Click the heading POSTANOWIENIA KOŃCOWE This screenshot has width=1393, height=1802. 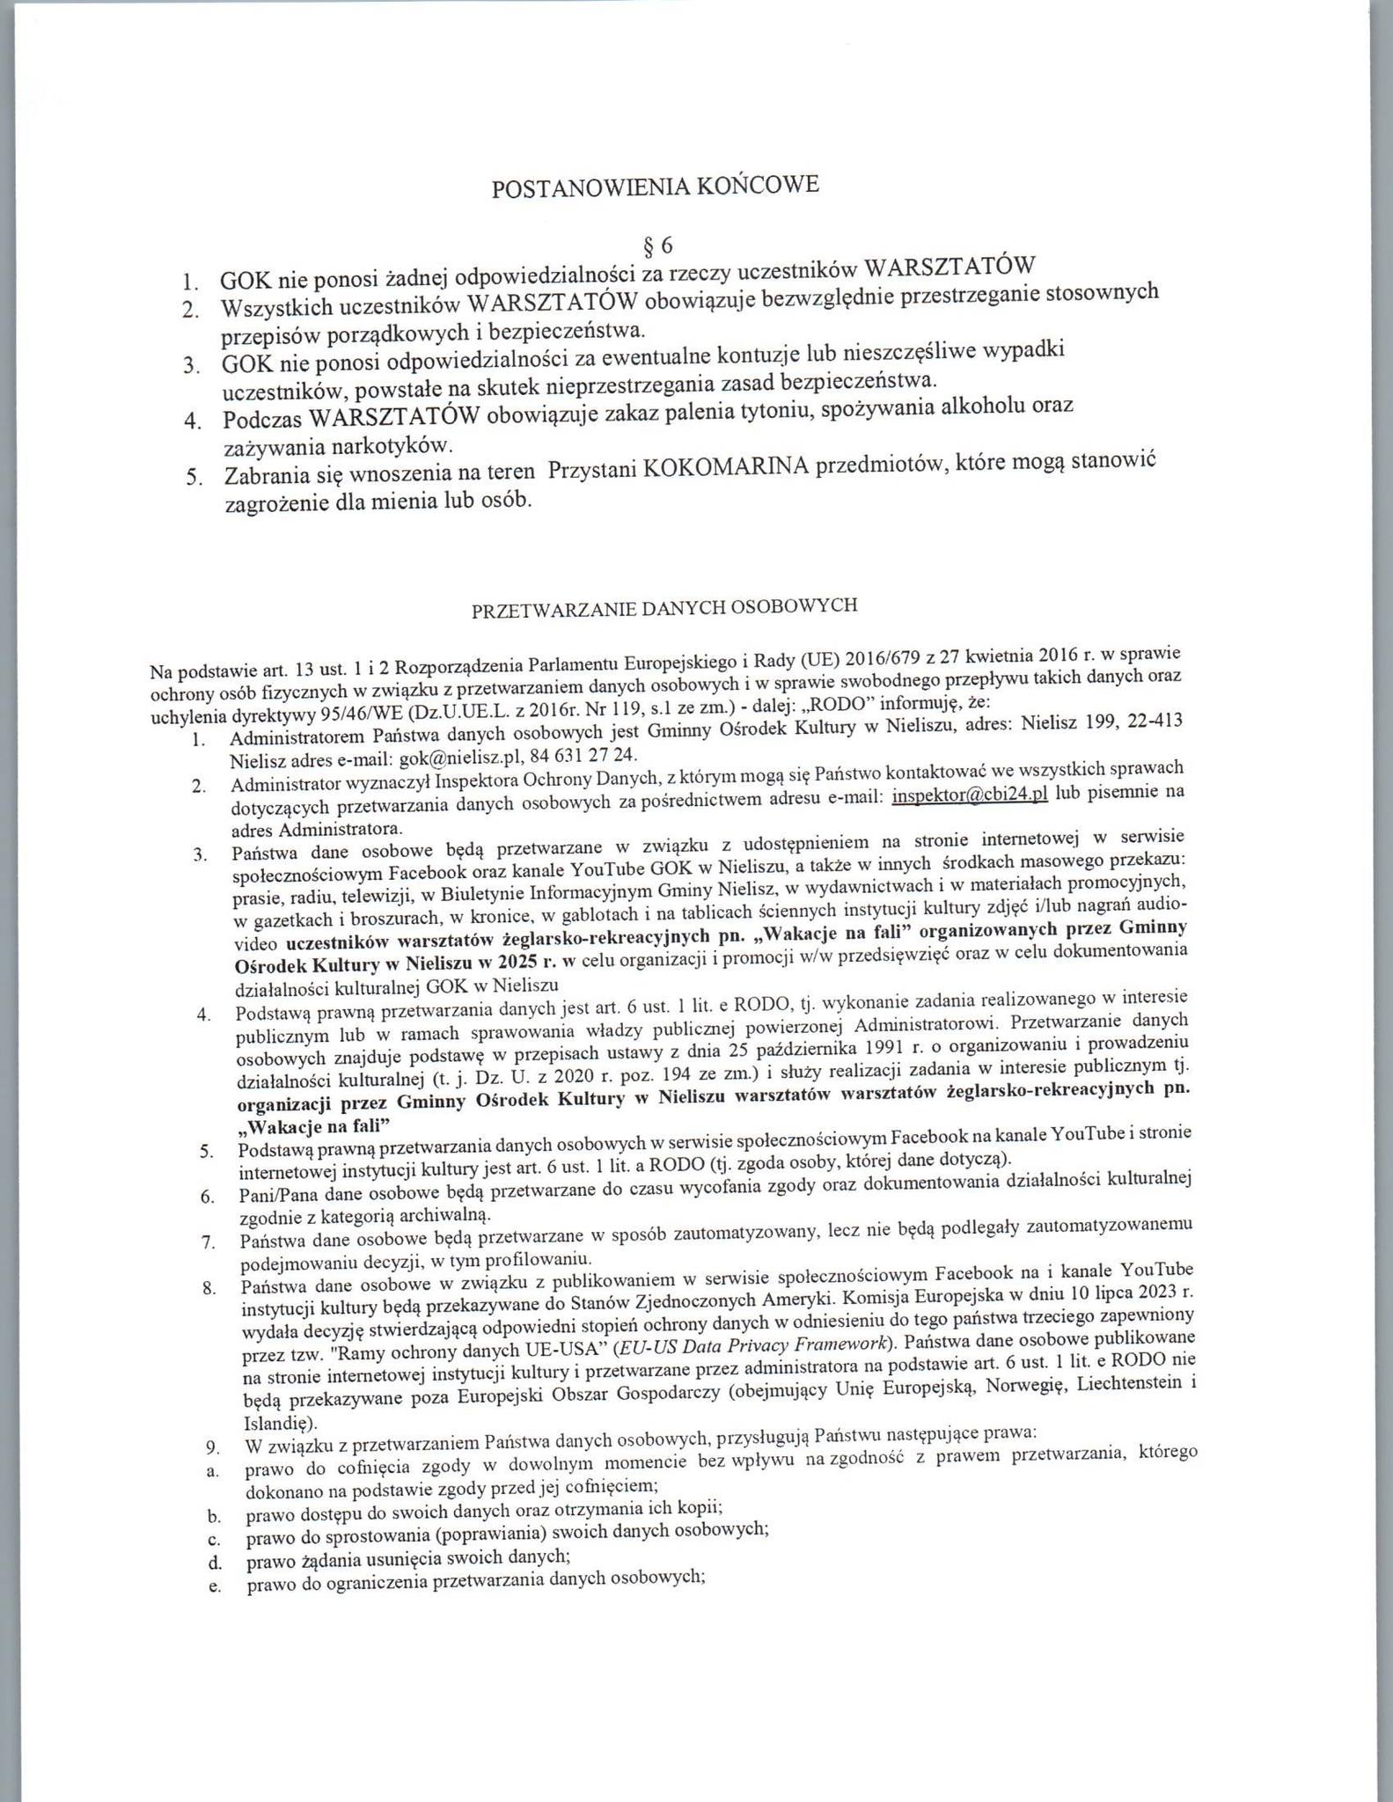[x=655, y=187]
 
